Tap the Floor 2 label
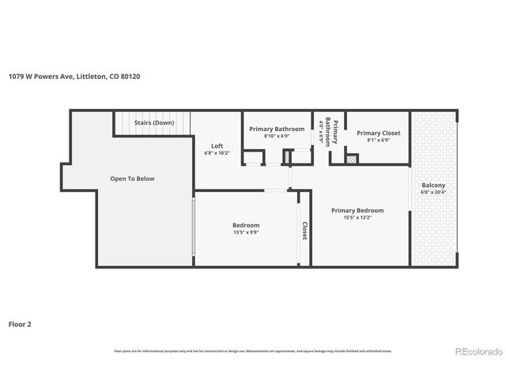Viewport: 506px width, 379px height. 21,324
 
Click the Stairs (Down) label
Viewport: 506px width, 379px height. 153,123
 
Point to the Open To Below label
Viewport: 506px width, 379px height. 132,178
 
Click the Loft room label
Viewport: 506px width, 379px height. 217,145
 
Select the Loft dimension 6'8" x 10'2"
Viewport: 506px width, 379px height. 217,153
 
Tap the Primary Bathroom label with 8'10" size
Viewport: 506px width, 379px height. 277,129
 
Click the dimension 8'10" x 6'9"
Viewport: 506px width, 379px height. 277,136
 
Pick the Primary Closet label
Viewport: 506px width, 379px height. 378,133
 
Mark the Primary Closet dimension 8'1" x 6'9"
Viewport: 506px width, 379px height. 378,141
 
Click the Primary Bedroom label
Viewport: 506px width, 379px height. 357,210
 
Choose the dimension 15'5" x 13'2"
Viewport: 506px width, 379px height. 357,218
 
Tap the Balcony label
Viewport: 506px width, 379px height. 433,185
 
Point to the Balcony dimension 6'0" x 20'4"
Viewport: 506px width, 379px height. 433,192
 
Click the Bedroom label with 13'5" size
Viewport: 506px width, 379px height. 246,225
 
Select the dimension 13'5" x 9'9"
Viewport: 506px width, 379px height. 246,233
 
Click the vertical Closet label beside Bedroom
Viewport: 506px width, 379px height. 304,230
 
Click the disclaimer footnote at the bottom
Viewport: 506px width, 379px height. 253,351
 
